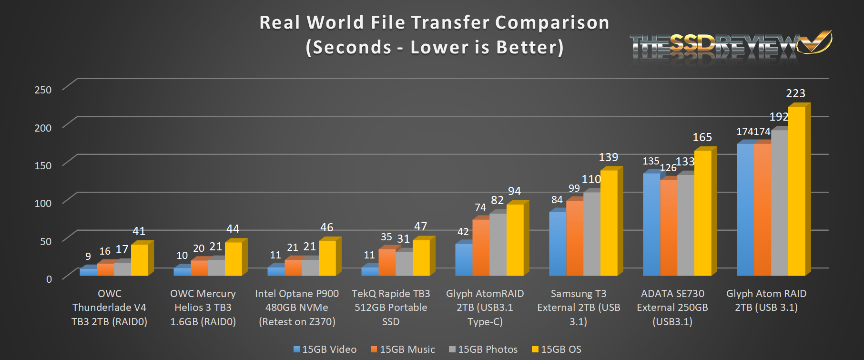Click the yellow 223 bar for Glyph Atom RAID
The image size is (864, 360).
tap(796, 191)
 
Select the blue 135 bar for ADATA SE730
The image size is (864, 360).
tap(651, 224)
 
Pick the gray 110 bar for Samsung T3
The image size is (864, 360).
tap(592, 234)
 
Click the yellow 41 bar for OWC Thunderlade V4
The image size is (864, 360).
tap(140, 260)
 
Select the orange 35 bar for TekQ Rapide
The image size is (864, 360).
tap(387, 262)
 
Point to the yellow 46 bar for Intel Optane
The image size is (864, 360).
tap(327, 258)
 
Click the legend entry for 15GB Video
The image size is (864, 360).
tap(325, 350)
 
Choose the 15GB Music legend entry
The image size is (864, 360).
tap(403, 350)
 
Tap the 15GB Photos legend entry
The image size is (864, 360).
tap(483, 350)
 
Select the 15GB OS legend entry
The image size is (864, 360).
tap(557, 350)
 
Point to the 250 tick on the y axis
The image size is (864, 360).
tap(43, 90)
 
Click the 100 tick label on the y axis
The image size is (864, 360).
tap(43, 203)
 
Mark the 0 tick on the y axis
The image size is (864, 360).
tap(49, 279)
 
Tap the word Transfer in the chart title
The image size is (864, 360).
tap(450, 22)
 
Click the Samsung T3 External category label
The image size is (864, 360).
tap(579, 308)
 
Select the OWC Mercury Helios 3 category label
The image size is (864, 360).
tap(203, 308)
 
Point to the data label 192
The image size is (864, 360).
tap(779, 117)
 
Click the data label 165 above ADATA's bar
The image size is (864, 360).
tap(702, 137)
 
